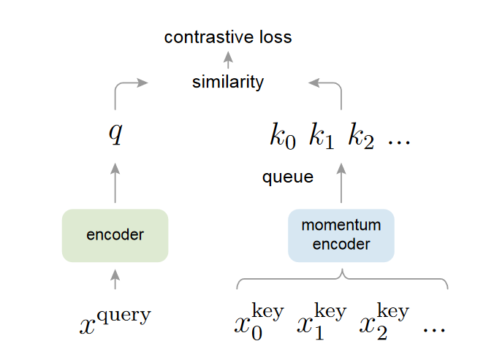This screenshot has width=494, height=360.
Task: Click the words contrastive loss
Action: pos(228,37)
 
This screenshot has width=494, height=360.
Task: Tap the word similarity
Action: pos(228,82)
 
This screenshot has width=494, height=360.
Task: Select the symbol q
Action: pos(115,133)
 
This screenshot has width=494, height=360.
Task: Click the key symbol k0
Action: pos(283,137)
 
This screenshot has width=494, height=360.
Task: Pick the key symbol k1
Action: pos(321,137)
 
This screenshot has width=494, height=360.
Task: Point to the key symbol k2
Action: pos(361,137)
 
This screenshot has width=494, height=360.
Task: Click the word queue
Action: pos(288,177)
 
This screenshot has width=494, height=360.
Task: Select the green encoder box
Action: pos(115,235)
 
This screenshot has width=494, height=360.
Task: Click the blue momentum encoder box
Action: pos(341,235)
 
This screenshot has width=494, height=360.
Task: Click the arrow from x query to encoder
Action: pos(115,278)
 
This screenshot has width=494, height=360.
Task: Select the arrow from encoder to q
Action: pos(115,183)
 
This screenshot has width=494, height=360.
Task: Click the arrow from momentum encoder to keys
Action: pos(341,183)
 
